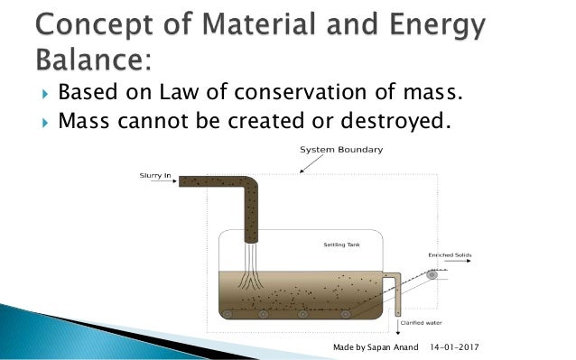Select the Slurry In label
154,173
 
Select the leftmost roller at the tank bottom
228,314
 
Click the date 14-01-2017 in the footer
459,346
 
